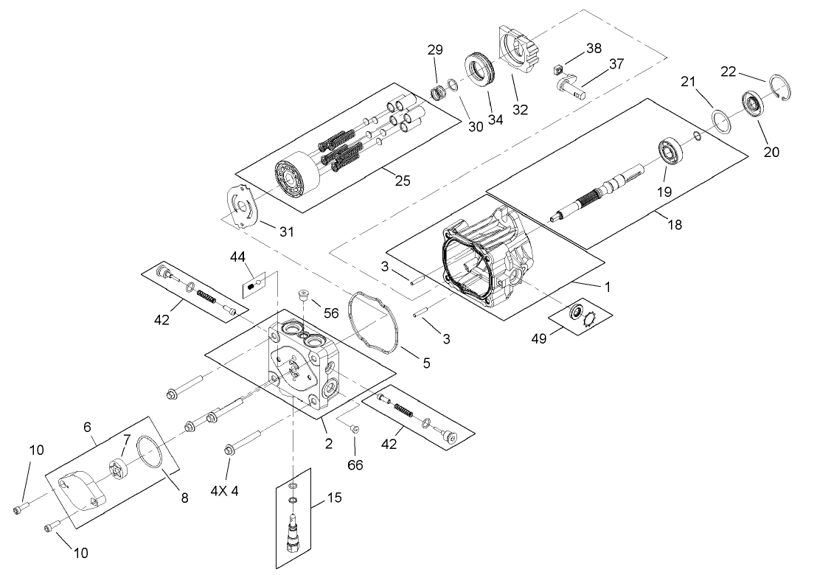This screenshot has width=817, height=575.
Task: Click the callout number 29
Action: pos(435,50)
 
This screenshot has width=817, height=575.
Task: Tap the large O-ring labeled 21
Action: pos(720,119)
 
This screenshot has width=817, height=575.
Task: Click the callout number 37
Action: pos(616,64)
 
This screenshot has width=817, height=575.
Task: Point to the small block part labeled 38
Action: pos(558,70)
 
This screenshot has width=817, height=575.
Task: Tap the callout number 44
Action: pos(237,257)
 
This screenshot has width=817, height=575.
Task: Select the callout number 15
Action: pos(335,498)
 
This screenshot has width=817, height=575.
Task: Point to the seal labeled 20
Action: pos(754,104)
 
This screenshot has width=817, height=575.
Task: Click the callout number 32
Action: pos(521,110)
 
